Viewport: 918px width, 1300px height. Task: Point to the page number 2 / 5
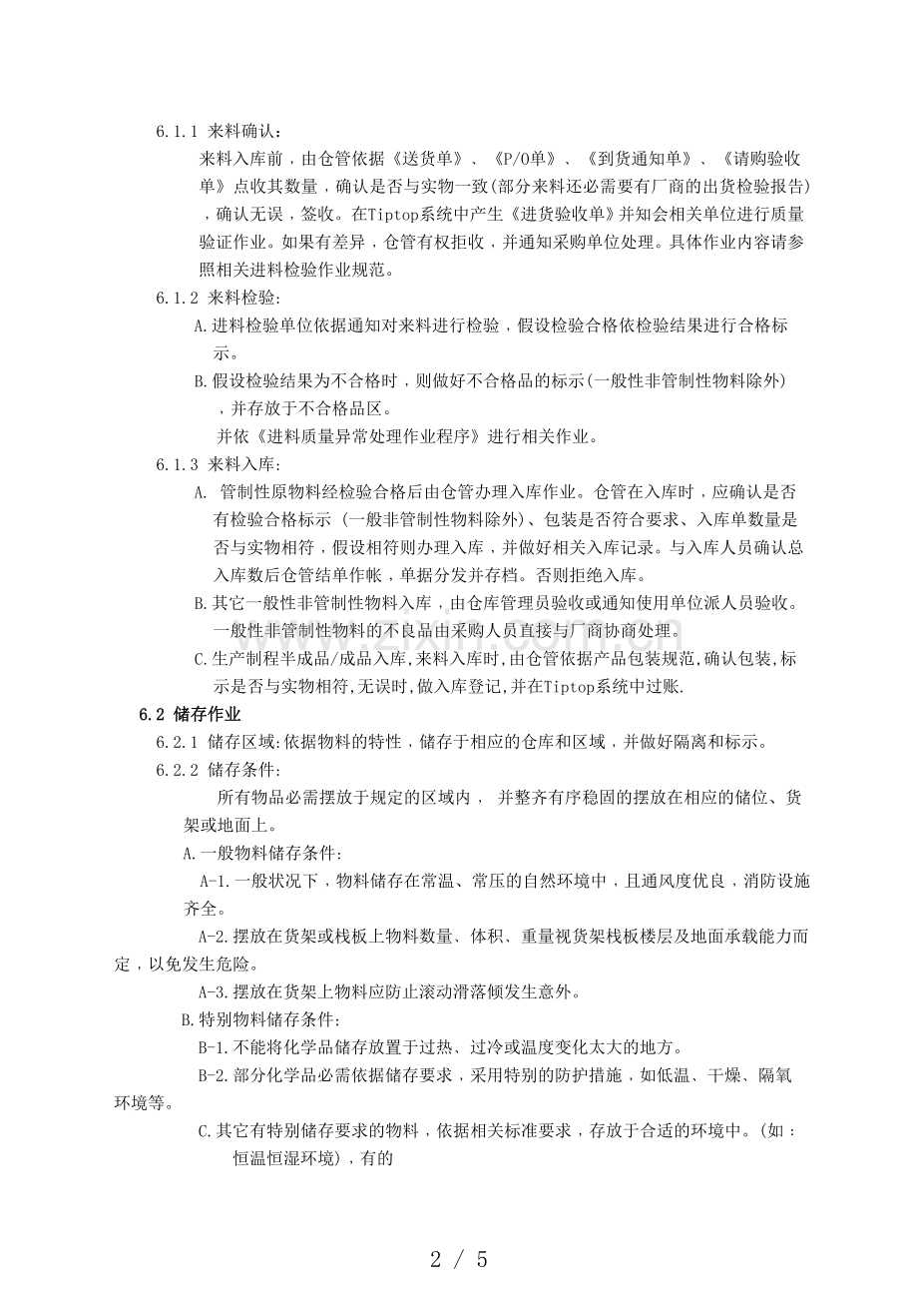pos(458,1259)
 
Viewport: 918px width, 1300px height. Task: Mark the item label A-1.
pos(216,882)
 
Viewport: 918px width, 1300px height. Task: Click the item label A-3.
pos(216,991)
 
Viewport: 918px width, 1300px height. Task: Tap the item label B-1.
pos(216,1047)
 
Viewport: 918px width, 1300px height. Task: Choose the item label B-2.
pos(216,1075)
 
